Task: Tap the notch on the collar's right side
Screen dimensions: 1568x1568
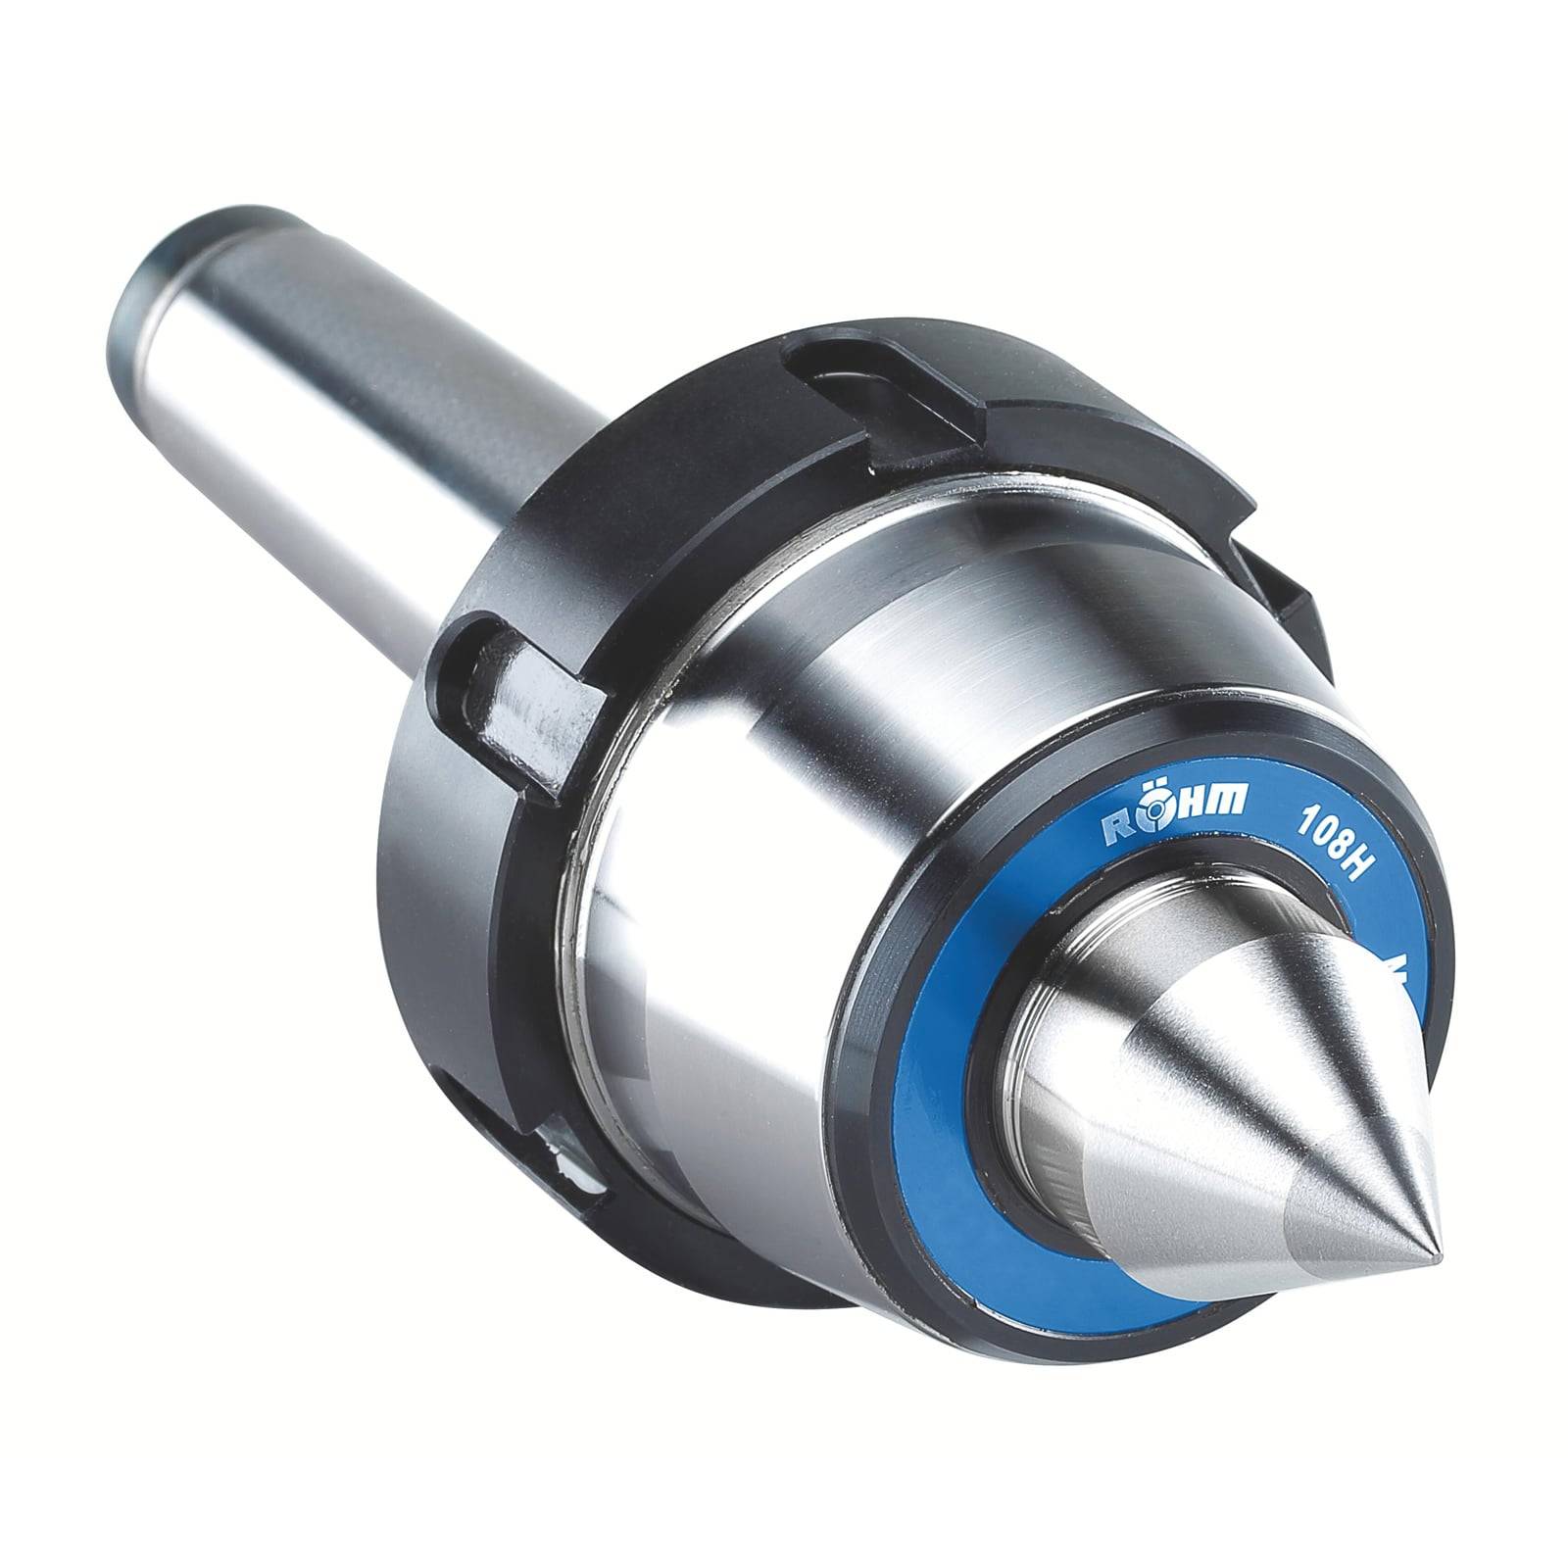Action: (1274, 598)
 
